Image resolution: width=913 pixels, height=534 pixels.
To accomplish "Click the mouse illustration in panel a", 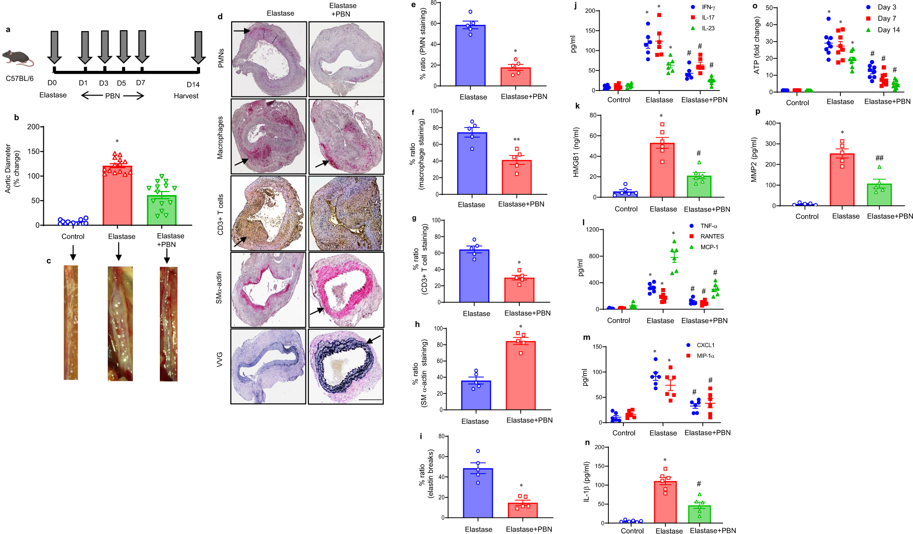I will pyautogui.click(x=17, y=58).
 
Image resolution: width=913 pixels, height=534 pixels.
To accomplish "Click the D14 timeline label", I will pyautogui.click(x=193, y=85).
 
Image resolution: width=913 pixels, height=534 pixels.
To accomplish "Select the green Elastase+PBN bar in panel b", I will pyautogui.click(x=162, y=210).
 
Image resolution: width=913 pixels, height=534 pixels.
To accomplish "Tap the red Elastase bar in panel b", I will pyautogui.click(x=117, y=197).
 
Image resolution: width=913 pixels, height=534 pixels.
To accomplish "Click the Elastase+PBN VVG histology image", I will pyautogui.click(x=346, y=367).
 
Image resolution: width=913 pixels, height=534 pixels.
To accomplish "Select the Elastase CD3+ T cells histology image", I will pyautogui.click(x=269, y=214).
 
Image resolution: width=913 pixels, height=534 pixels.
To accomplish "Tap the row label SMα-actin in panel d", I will pyautogui.click(x=219, y=288).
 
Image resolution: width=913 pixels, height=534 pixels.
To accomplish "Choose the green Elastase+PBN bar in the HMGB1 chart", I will pyautogui.click(x=699, y=187).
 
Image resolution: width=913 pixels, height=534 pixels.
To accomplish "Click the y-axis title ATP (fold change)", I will pyautogui.click(x=757, y=45).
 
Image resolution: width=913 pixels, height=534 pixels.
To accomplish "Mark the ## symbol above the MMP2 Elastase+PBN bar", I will pyautogui.click(x=879, y=158).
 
